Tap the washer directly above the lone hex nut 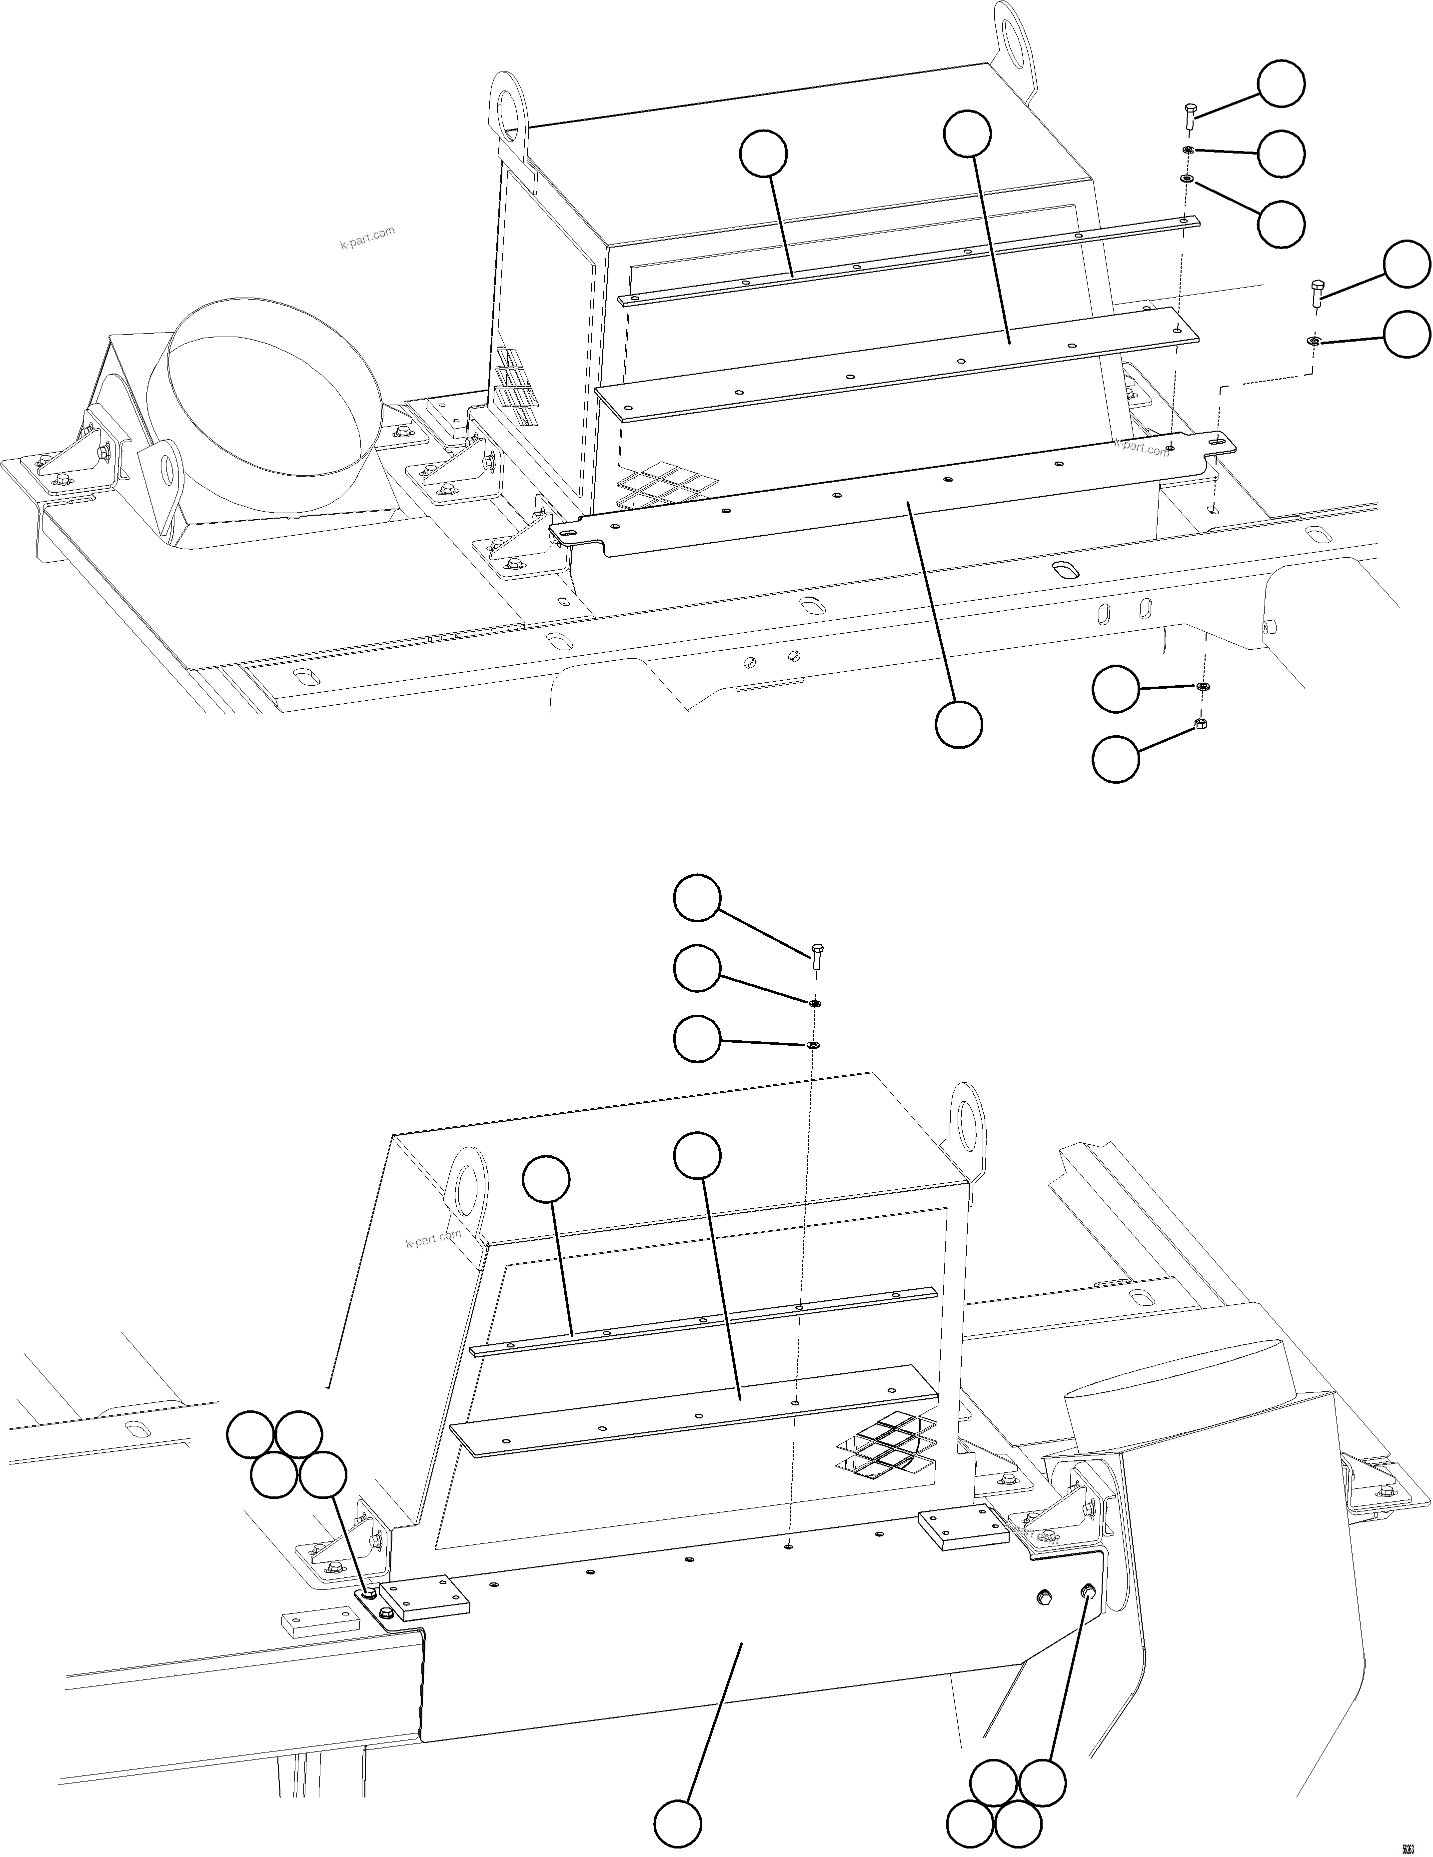[1204, 686]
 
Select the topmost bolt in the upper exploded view [1190, 115]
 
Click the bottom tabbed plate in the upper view [892, 502]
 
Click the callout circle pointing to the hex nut [1114, 759]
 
